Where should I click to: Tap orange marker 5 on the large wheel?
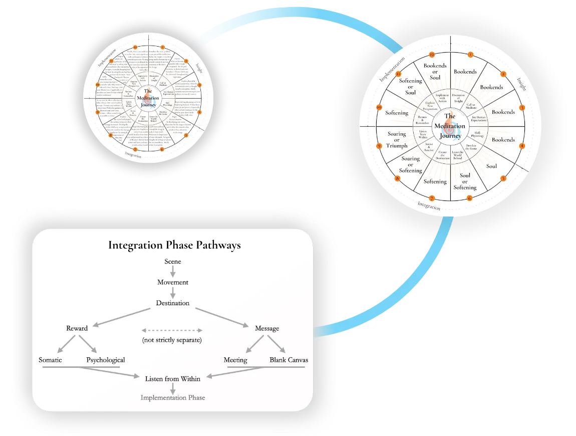[x=503, y=178]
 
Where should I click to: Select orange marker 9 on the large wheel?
[x=379, y=146]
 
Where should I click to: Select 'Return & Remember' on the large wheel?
[x=423, y=120]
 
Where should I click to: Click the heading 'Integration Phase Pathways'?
[x=174, y=245]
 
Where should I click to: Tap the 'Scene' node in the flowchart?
[x=173, y=262]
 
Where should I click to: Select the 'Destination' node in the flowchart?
[x=173, y=303]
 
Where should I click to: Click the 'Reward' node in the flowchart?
[x=77, y=328]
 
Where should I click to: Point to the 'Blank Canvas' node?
[x=289, y=360]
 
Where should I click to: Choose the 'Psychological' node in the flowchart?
[x=105, y=360]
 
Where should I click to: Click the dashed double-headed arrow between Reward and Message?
[x=172, y=330]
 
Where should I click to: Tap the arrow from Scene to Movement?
[x=173, y=272]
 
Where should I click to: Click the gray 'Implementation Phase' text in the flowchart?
[x=173, y=397]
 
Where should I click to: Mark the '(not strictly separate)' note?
[x=172, y=340]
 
